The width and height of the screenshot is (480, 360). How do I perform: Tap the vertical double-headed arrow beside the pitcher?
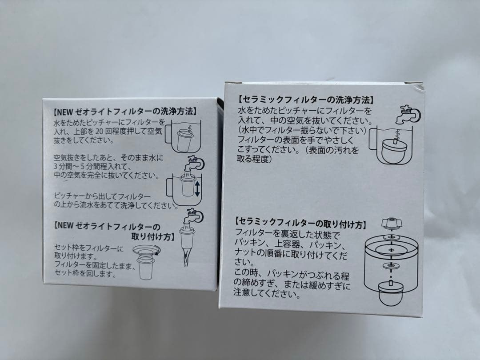(197, 188)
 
